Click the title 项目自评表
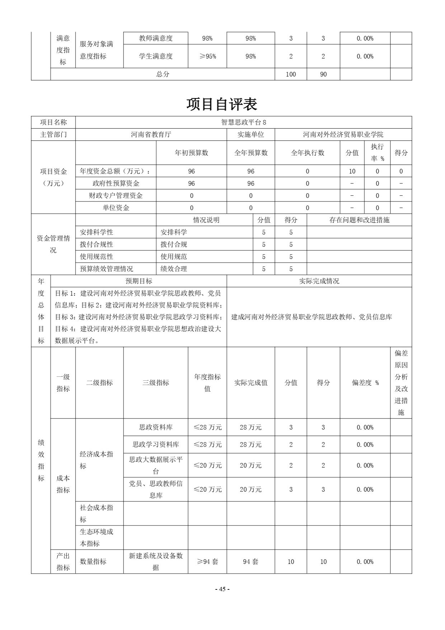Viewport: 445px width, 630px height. click(222, 104)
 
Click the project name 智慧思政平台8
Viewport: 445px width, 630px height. click(244, 122)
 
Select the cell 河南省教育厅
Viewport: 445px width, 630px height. click(151, 135)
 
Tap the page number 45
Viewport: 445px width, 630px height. click(222, 589)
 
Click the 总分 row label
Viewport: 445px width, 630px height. click(163, 74)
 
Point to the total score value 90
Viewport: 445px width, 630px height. click(323, 74)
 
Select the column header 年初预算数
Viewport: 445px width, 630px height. click(191, 153)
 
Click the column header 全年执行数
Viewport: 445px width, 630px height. click(307, 153)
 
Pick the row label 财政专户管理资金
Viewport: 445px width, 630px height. click(116, 196)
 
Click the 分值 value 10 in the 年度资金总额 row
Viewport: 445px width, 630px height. click(352, 171)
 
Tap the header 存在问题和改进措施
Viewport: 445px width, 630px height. click(359, 220)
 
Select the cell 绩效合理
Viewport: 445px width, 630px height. click(174, 269)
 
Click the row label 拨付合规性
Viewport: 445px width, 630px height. click(97, 245)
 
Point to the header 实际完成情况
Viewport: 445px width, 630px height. click(319, 281)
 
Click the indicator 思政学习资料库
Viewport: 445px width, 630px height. click(156, 445)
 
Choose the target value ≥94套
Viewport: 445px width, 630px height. click(207, 562)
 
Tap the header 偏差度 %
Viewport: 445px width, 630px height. click(365, 383)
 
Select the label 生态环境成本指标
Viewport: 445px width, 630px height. click(97, 538)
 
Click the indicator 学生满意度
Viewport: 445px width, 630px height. click(156, 56)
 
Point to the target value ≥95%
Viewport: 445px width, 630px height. click(207, 56)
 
